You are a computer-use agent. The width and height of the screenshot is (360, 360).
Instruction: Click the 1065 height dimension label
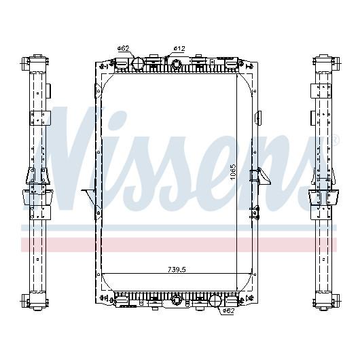point(233,172)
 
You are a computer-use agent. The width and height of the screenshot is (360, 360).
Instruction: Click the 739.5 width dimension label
point(177,269)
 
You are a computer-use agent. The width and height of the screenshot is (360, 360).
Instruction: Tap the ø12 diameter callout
point(179,48)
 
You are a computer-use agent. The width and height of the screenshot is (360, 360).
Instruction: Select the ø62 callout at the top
point(124,48)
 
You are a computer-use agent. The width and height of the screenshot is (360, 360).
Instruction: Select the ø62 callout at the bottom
point(228,311)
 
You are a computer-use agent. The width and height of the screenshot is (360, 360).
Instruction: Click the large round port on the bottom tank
point(215,300)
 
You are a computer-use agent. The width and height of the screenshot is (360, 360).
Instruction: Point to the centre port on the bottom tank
point(177,300)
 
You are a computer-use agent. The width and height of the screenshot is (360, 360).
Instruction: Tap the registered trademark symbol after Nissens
point(334,141)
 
